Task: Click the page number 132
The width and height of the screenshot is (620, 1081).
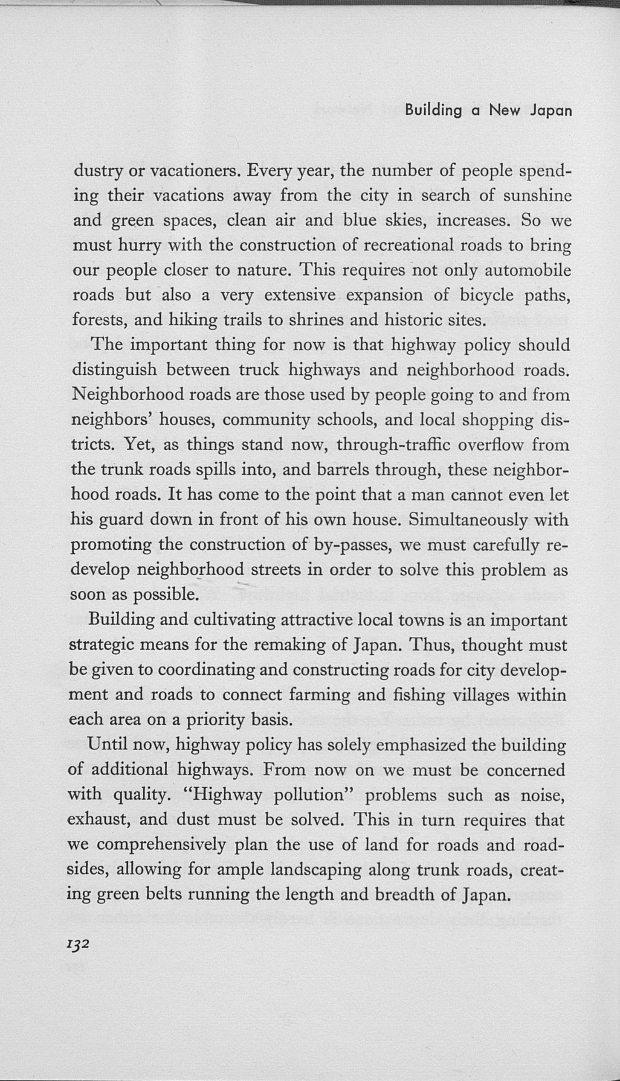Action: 78,944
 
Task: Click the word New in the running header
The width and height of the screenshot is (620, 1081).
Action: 504,111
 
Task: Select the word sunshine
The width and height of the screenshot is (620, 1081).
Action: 537,195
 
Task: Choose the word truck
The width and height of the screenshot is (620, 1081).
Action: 259,370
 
